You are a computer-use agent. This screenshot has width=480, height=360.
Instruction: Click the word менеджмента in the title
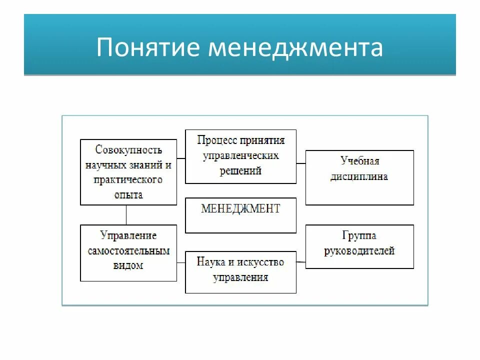[x=295, y=47]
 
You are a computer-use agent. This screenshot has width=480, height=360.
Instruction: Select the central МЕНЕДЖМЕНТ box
[x=240, y=215]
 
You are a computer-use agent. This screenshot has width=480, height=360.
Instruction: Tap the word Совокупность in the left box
[x=128, y=149]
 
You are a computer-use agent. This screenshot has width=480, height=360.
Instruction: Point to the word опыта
[x=128, y=194]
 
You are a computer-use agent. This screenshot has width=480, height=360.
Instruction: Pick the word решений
[x=240, y=170]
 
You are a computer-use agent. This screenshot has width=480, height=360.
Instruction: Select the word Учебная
[x=359, y=161]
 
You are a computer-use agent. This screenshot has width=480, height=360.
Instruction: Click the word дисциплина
[x=359, y=176]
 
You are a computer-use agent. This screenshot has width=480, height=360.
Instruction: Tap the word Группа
[x=359, y=235]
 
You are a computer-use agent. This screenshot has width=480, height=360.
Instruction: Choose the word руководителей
[x=359, y=250]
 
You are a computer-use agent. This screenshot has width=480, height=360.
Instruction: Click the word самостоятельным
[x=128, y=250]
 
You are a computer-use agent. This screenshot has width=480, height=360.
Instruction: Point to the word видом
[x=128, y=265]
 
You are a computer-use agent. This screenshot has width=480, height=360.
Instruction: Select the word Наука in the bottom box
[x=209, y=261]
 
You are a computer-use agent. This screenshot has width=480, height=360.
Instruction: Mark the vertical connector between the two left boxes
[x=126, y=214]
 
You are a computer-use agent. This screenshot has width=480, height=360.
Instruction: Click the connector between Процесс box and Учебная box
[x=300, y=163]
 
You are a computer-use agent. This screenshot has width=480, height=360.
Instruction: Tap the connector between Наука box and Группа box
[x=300, y=261]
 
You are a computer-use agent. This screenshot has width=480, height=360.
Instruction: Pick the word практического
[x=128, y=179]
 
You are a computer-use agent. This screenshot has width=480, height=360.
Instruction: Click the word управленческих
[x=240, y=155]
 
